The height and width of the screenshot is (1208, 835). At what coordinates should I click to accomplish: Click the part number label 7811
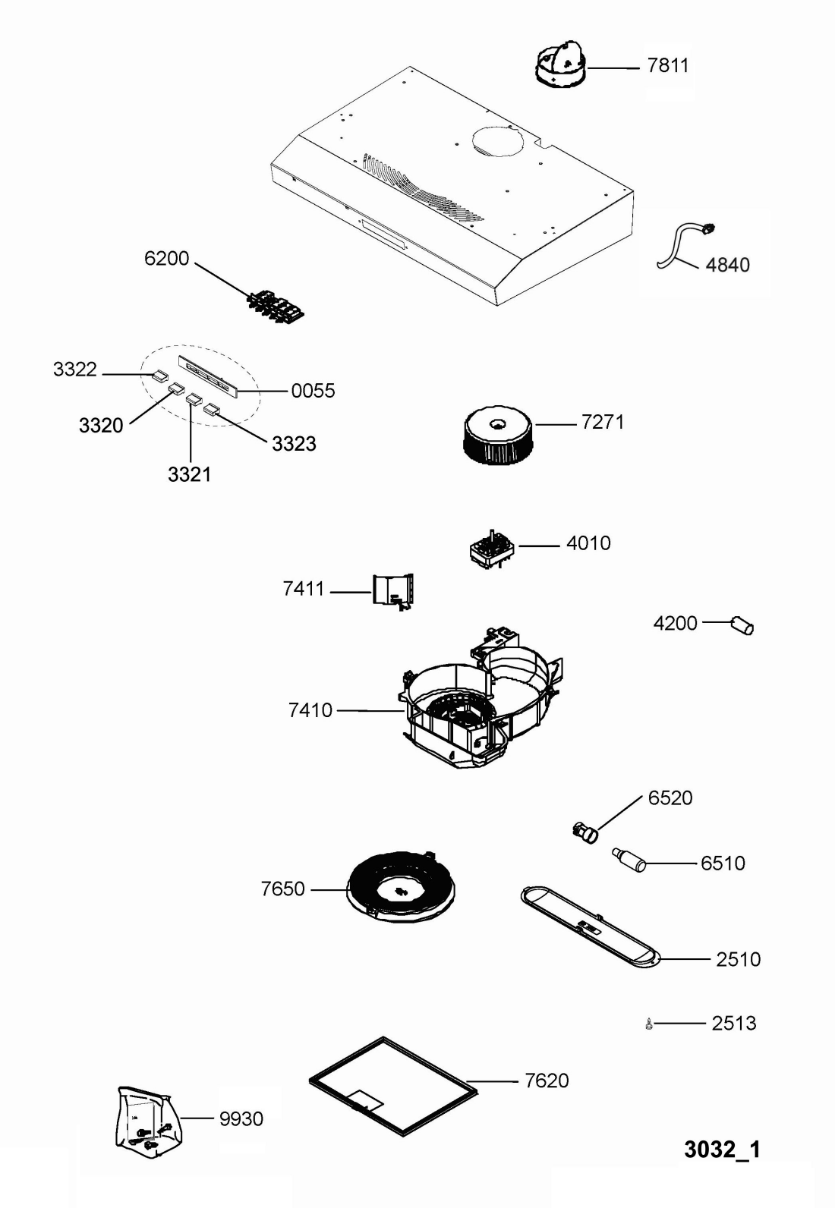coord(668,66)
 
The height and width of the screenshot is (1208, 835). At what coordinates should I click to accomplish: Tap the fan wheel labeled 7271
coord(497,435)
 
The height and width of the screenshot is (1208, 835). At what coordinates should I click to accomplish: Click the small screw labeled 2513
coord(648,1024)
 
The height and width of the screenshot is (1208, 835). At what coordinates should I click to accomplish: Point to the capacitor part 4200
coord(742,626)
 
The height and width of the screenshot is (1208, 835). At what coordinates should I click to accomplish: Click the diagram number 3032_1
coord(722,1150)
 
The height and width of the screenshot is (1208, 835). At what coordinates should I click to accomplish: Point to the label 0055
coord(313,392)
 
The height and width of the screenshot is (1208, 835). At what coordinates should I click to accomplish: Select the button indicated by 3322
coord(159,375)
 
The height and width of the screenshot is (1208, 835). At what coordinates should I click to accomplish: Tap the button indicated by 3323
coord(211,411)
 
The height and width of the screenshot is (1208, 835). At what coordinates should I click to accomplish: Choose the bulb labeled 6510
coord(629,860)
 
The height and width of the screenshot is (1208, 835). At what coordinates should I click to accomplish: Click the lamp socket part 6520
coord(584,832)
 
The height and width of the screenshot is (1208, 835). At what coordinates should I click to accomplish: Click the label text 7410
coord(310,711)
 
